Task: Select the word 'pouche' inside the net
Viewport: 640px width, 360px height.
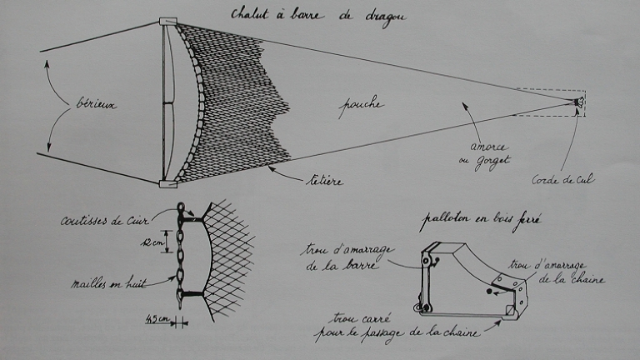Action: click(362, 106)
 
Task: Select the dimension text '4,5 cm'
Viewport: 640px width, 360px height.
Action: click(158, 317)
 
